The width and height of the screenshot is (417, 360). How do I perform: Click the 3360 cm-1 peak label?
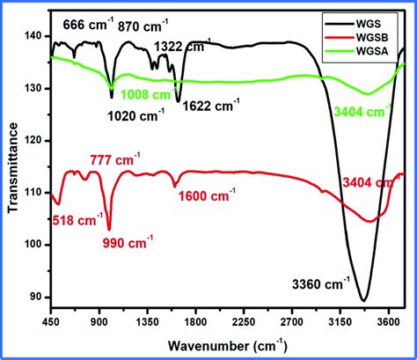point(322,284)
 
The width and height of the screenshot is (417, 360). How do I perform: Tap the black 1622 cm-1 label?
point(213,107)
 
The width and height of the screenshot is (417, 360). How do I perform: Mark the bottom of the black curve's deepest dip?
point(363,301)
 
